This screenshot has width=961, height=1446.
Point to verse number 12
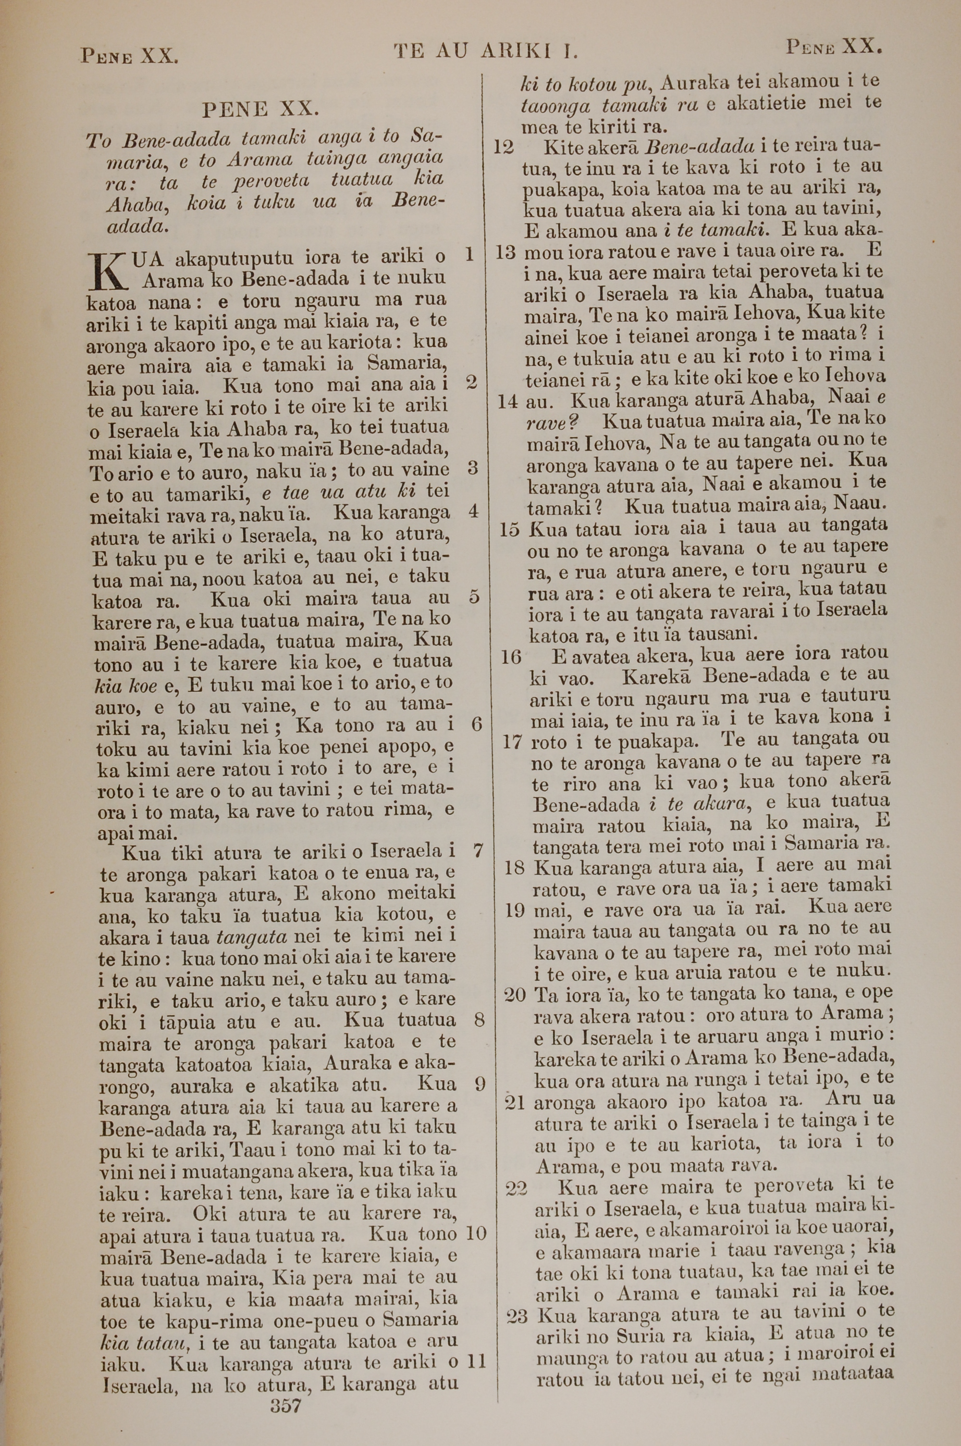tap(503, 148)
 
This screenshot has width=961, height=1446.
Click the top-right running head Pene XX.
tap(834, 47)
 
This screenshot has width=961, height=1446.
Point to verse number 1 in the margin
tap(469, 254)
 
